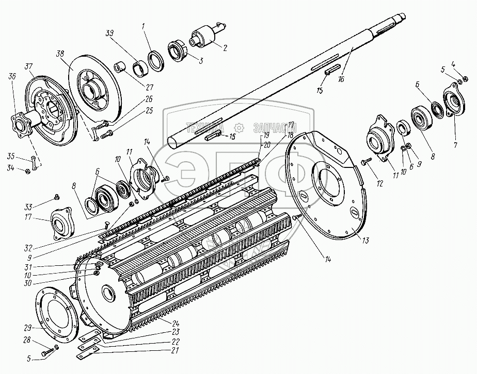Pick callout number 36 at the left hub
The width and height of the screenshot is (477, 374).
click(x=11, y=76)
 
